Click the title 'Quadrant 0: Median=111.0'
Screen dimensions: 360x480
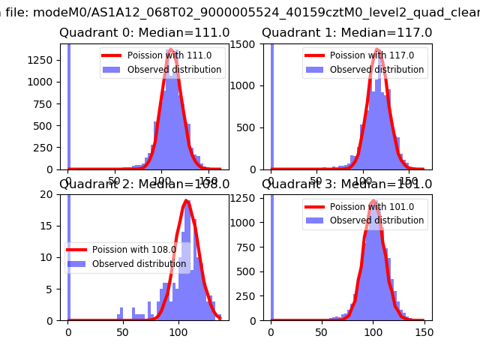pyautogui.click(x=145, y=33)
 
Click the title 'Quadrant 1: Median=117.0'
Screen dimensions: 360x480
pyautogui.click(x=347, y=33)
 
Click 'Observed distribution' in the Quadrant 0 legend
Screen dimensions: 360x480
pyautogui.click(x=174, y=70)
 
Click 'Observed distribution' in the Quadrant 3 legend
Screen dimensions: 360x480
pyautogui.click(x=376, y=220)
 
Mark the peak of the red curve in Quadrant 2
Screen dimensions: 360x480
pyautogui.click(x=187, y=200)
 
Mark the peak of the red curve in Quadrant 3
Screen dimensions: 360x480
pyautogui.click(x=373, y=200)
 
